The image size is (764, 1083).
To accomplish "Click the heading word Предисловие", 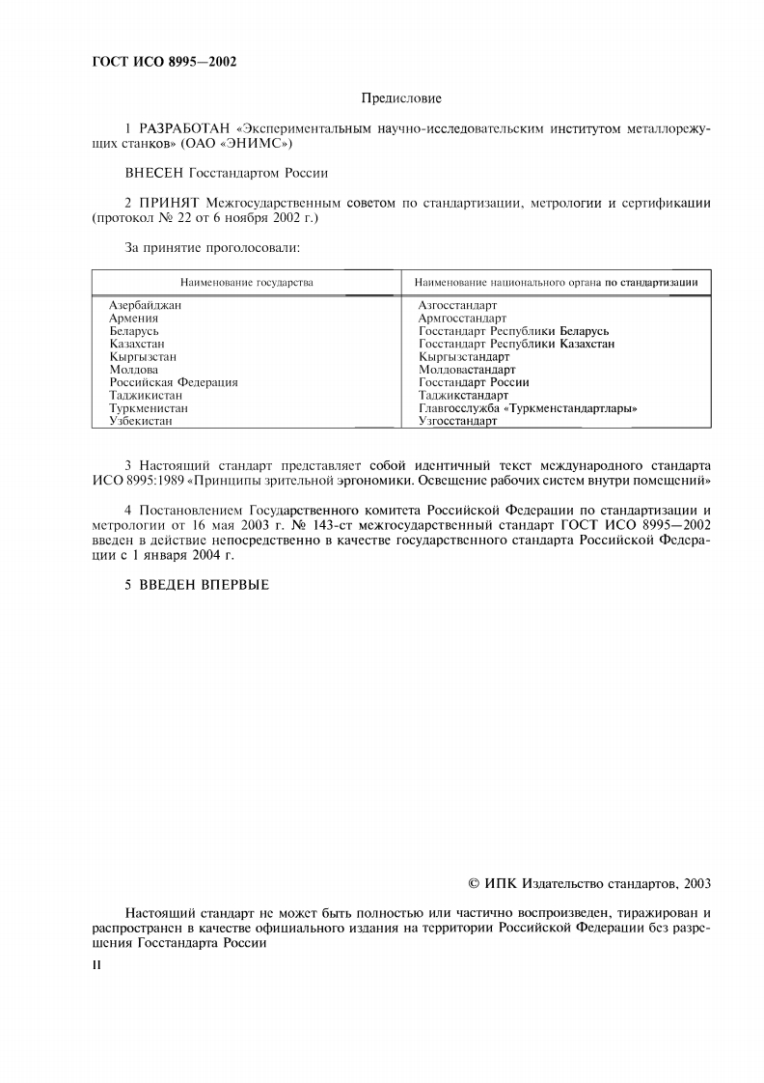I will pyautogui.click(x=400, y=98).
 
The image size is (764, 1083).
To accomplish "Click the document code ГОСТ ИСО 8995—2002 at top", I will pyautogui.click(x=164, y=63).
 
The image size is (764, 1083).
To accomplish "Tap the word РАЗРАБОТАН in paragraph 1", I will pyautogui.click(x=183, y=128).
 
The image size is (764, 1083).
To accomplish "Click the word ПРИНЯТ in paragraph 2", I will pyautogui.click(x=169, y=204).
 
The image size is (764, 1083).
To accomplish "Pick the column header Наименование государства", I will pyautogui.click(x=246, y=282).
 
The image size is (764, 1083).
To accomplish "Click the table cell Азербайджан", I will pyautogui.click(x=146, y=305).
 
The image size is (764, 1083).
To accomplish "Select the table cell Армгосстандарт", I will pyautogui.click(x=462, y=318).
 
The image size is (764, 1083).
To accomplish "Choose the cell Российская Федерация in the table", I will pyautogui.click(x=174, y=382).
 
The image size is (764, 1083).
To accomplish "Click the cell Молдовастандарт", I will pyautogui.click(x=467, y=370).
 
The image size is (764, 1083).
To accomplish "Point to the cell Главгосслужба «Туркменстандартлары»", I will pyautogui.click(x=528, y=408).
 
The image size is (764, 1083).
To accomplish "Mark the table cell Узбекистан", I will pyautogui.click(x=141, y=421).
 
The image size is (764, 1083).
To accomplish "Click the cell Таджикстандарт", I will pyautogui.click(x=463, y=396).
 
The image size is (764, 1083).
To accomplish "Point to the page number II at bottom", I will pyautogui.click(x=95, y=964).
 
